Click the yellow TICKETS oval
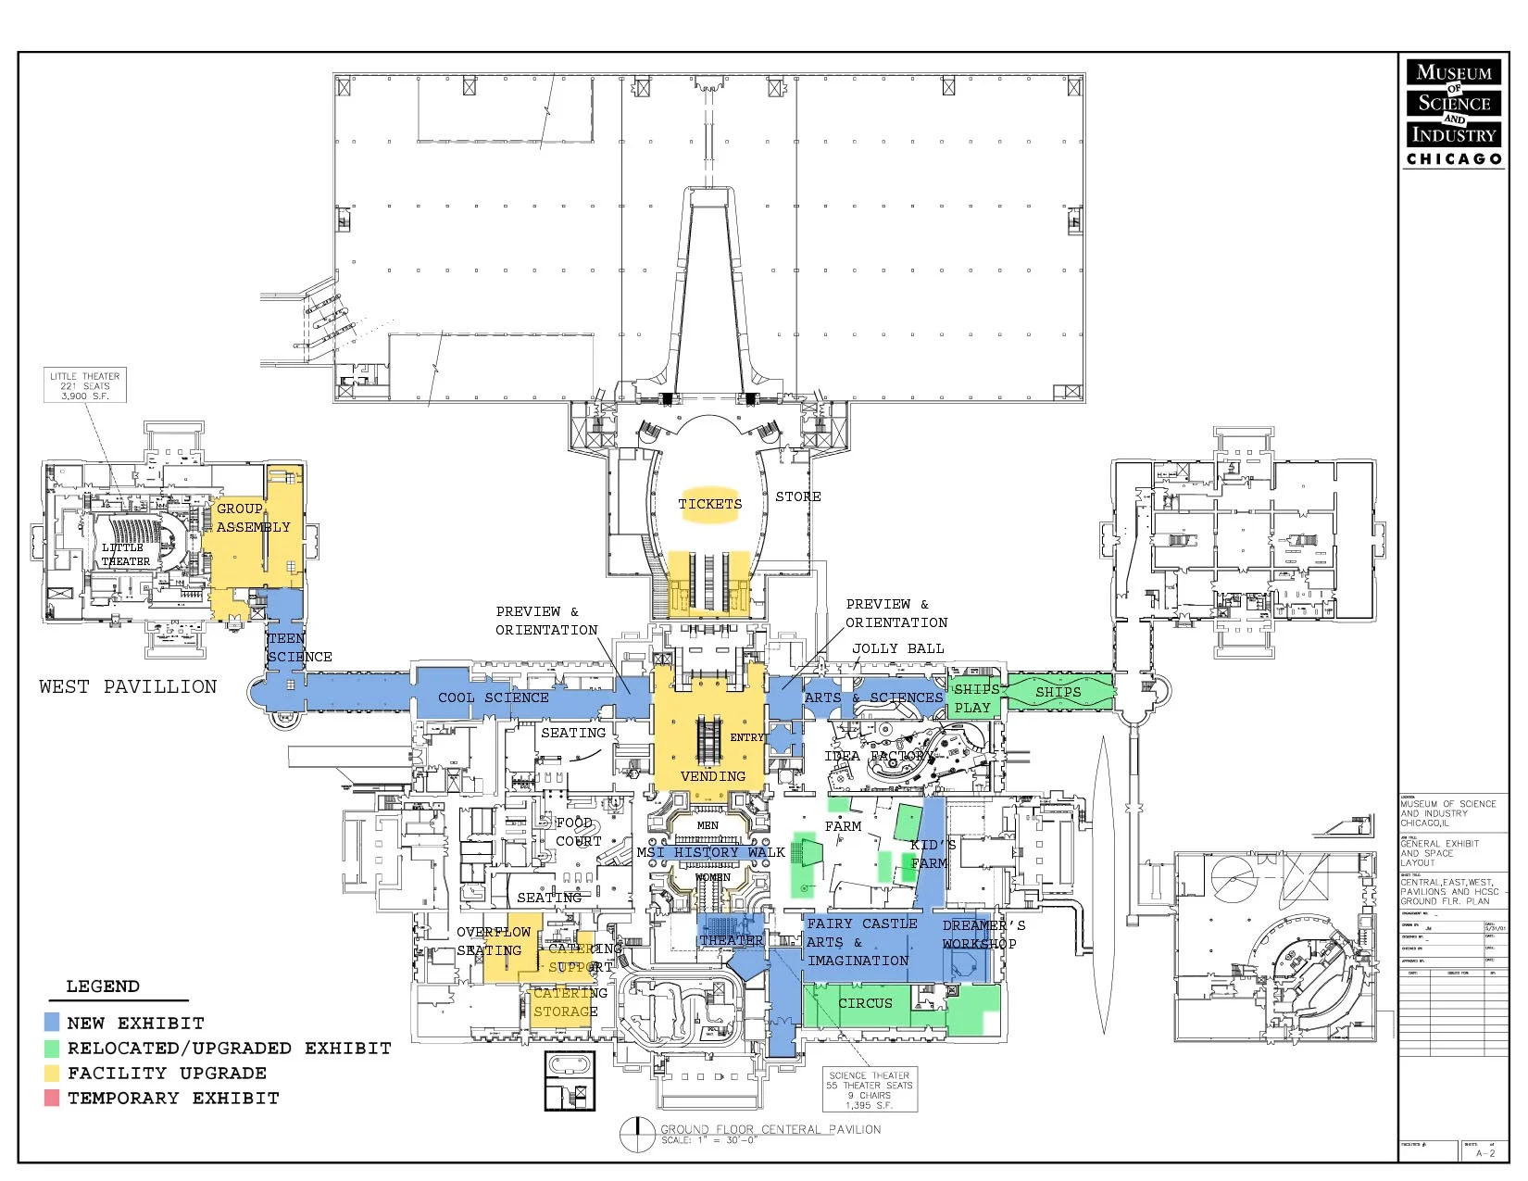pyautogui.click(x=710, y=505)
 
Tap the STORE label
pyautogui.click(x=797, y=497)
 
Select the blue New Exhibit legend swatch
pyautogui.click(x=52, y=1023)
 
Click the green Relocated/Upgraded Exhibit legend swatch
pyautogui.click(x=52, y=1048)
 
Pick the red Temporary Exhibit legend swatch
pyautogui.click(x=52, y=1098)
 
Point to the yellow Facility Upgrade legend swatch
pyautogui.click(x=52, y=1073)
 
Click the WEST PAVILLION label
pyautogui.click(x=128, y=686)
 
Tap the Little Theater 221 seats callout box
pyautogui.click(x=85, y=385)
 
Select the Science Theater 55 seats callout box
pyautogui.click(x=870, y=1090)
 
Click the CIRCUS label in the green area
pyautogui.click(x=865, y=1003)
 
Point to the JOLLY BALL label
pyautogui.click(x=897, y=648)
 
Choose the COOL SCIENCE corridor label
pyautogui.click(x=493, y=697)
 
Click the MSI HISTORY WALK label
pyautogui.click(x=710, y=852)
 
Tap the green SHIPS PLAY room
pyautogui.click(x=974, y=698)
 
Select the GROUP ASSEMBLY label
pyautogui.click(x=253, y=518)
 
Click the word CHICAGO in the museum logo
pyautogui.click(x=1454, y=159)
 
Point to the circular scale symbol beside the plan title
pyautogui.click(x=637, y=1135)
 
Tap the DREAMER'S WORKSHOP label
pyautogui.click(x=983, y=935)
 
